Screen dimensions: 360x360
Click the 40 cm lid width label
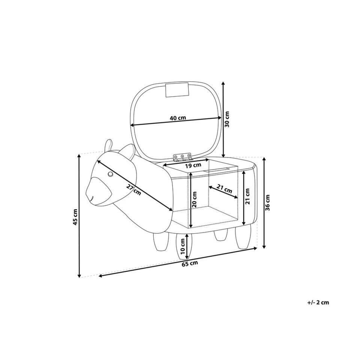[x=178, y=118]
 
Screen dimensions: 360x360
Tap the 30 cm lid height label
[x=227, y=119]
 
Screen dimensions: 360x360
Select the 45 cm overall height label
[x=75, y=217]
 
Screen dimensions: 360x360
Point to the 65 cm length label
[x=190, y=264]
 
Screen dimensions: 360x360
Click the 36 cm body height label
[x=267, y=202]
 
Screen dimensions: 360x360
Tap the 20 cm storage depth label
[x=195, y=199]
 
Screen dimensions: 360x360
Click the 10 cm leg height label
[x=183, y=246]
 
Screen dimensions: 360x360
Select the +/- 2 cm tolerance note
[x=318, y=302]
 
